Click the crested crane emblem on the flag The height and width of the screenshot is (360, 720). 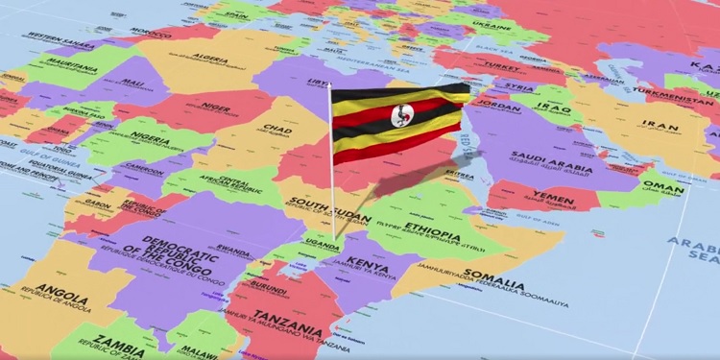[399, 118]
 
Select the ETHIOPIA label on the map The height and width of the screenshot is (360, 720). [430, 229]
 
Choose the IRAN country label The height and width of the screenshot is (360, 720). [660, 124]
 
